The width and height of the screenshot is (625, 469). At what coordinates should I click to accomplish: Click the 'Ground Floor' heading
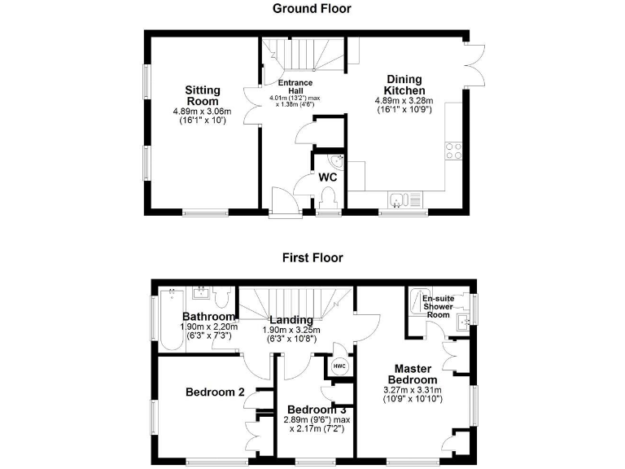[312, 9]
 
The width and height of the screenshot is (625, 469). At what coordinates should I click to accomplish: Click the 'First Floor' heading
[312, 258]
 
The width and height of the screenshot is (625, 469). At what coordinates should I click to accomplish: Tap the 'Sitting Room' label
[202, 95]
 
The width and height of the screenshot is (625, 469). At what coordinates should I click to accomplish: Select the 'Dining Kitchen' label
[404, 85]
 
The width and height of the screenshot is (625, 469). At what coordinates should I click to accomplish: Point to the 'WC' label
[328, 177]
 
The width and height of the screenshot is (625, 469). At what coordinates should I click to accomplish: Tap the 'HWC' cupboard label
[339, 366]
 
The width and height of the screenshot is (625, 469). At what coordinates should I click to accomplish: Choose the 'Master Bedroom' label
[413, 374]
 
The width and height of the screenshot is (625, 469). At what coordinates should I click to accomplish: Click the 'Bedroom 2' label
[215, 392]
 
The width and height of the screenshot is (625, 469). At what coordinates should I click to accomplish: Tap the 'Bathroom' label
[208, 317]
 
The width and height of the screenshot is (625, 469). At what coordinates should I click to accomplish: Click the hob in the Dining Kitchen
[453, 151]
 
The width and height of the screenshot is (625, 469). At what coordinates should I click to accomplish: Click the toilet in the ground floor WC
[329, 196]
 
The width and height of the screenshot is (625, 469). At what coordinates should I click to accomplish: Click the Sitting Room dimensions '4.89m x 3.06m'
[202, 111]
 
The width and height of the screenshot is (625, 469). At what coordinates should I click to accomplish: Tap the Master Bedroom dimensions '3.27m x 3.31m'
[413, 390]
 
